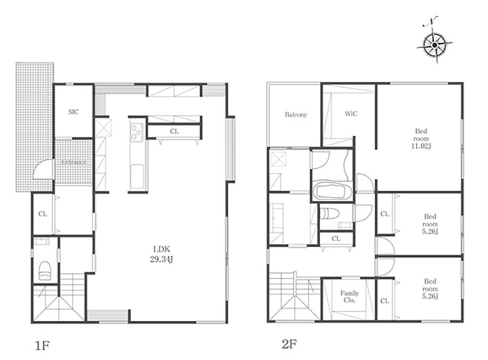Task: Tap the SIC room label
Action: pyautogui.click(x=73, y=112)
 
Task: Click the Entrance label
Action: pyautogui.click(x=73, y=162)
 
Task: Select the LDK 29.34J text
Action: pyautogui.click(x=161, y=254)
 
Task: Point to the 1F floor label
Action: pyautogui.click(x=42, y=345)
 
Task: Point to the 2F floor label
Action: pyautogui.click(x=289, y=344)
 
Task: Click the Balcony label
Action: pyautogui.click(x=296, y=114)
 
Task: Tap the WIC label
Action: pyautogui.click(x=351, y=114)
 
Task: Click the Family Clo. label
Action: pyautogui.click(x=349, y=297)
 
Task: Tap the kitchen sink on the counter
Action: pyautogui.click(x=137, y=176)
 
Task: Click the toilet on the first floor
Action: pyautogui.click(x=45, y=270)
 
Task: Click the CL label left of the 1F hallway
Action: pyautogui.click(x=43, y=214)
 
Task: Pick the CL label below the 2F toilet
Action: pyautogui.click(x=336, y=239)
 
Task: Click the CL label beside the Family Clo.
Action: pyautogui.click(x=385, y=301)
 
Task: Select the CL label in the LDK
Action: pyautogui.click(x=174, y=131)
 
